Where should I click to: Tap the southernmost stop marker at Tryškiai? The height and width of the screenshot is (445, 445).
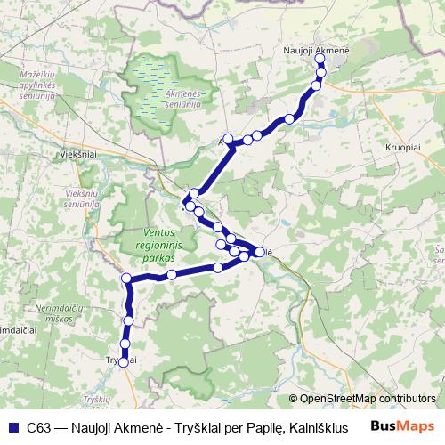coord(124,361)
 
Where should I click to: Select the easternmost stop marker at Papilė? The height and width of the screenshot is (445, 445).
coord(260,253)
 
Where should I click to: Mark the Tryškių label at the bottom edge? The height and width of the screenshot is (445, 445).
coord(94,402)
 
